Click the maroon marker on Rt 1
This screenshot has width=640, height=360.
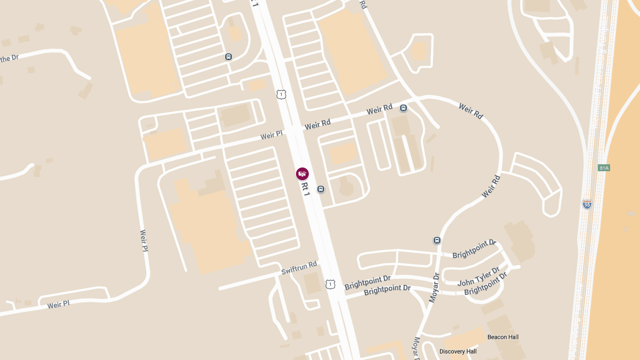[302, 173]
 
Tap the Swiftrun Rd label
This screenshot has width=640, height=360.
[299, 268]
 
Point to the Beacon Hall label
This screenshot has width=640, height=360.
[503, 337]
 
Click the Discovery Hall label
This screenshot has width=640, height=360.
[458, 351]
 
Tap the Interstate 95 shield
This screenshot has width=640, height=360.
[587, 204]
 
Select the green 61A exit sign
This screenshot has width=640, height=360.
[604, 168]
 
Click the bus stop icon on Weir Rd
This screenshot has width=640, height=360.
[403, 108]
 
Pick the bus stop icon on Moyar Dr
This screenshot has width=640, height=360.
[437, 241]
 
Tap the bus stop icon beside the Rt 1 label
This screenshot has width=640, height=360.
[321, 189]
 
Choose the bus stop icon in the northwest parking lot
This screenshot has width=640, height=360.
[228, 57]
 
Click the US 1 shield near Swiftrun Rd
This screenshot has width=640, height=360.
[331, 284]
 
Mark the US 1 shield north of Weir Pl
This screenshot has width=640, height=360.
[281, 94]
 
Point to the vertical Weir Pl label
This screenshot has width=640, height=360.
[143, 240]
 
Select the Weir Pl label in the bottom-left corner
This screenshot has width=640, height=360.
[59, 305]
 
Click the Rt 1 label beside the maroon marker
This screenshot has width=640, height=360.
[306, 189]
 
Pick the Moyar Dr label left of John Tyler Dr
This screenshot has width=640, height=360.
[433, 288]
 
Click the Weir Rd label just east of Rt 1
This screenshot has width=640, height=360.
[317, 125]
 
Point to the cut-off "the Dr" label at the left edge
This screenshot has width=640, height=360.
[10, 58]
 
